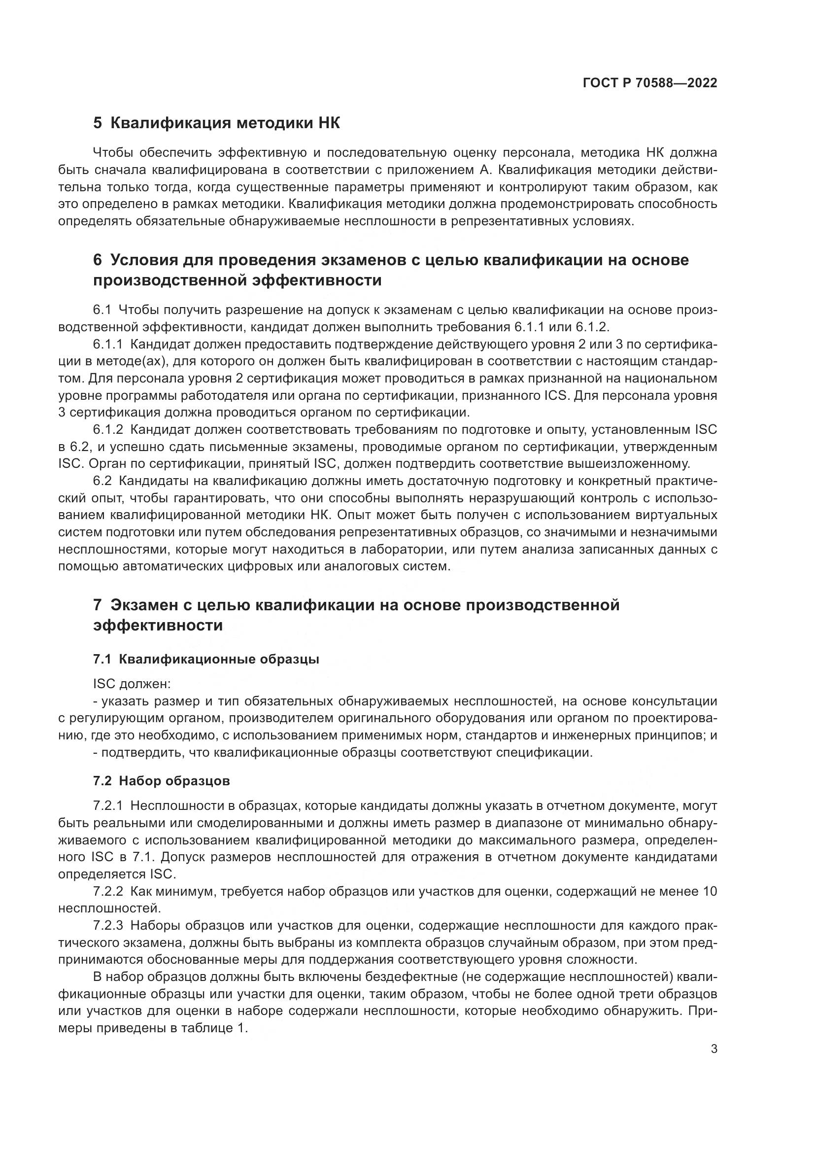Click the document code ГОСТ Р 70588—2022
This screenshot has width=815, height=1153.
point(650,83)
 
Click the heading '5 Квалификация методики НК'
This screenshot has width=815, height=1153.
point(216,123)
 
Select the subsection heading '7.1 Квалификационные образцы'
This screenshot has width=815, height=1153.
point(206,659)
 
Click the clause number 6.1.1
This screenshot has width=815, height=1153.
point(108,345)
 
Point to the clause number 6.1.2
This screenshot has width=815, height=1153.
point(108,429)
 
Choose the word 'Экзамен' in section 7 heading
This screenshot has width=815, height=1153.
point(143,605)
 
